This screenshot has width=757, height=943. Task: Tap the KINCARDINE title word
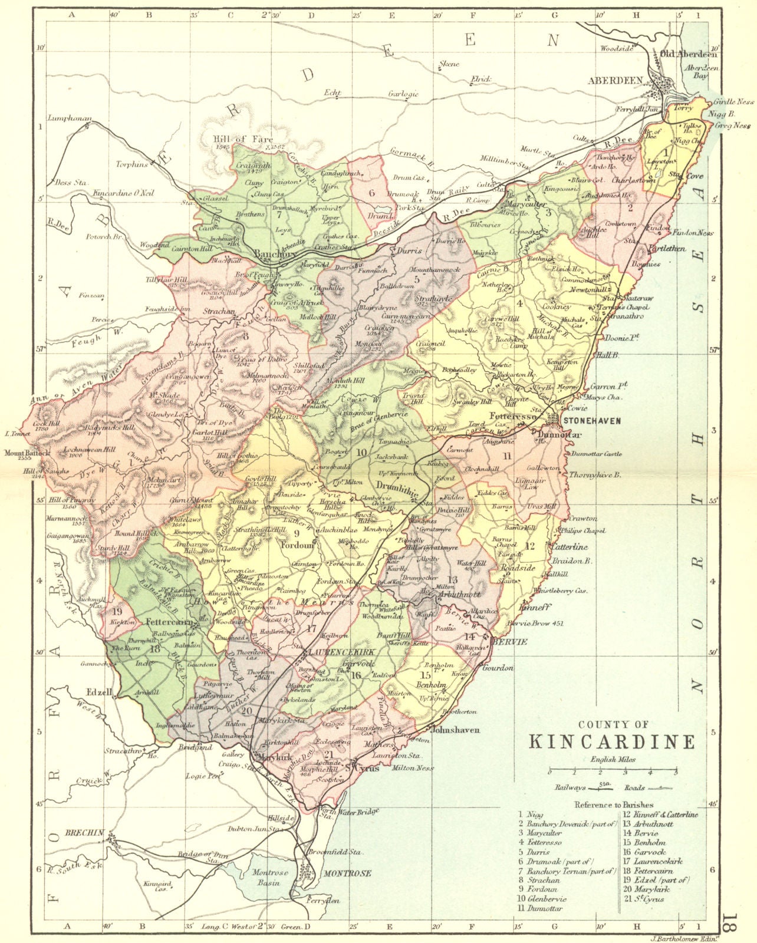(x=611, y=741)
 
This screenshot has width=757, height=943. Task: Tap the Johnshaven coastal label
(x=456, y=730)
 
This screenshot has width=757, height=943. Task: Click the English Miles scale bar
(x=613, y=770)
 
